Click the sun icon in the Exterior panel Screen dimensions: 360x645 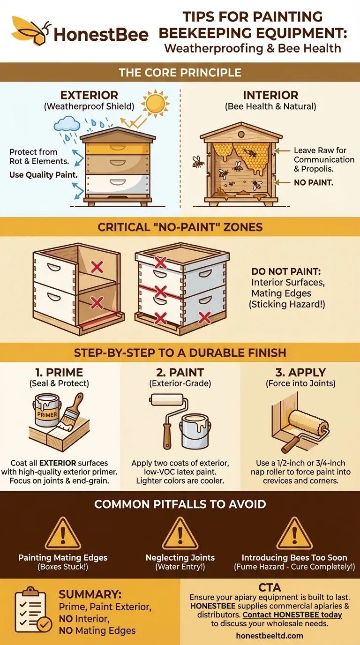coord(155,104)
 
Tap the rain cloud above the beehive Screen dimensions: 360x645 coord(67,124)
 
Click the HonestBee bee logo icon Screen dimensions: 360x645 coord(31,30)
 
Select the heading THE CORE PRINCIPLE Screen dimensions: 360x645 coord(180,73)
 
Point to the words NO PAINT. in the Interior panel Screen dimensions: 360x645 coord(313,182)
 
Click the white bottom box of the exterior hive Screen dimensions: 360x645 coord(118,184)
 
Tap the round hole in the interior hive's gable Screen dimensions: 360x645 coord(241,134)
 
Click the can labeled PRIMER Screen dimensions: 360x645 coord(47,411)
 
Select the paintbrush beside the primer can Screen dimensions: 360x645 coord(71,412)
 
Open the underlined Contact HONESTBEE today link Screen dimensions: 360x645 coord(292,615)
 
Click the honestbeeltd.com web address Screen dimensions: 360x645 coord(270,636)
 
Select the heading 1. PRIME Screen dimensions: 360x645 coord(59,372)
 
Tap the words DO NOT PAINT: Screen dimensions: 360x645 coord(286,271)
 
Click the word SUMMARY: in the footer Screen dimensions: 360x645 coord(90,594)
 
